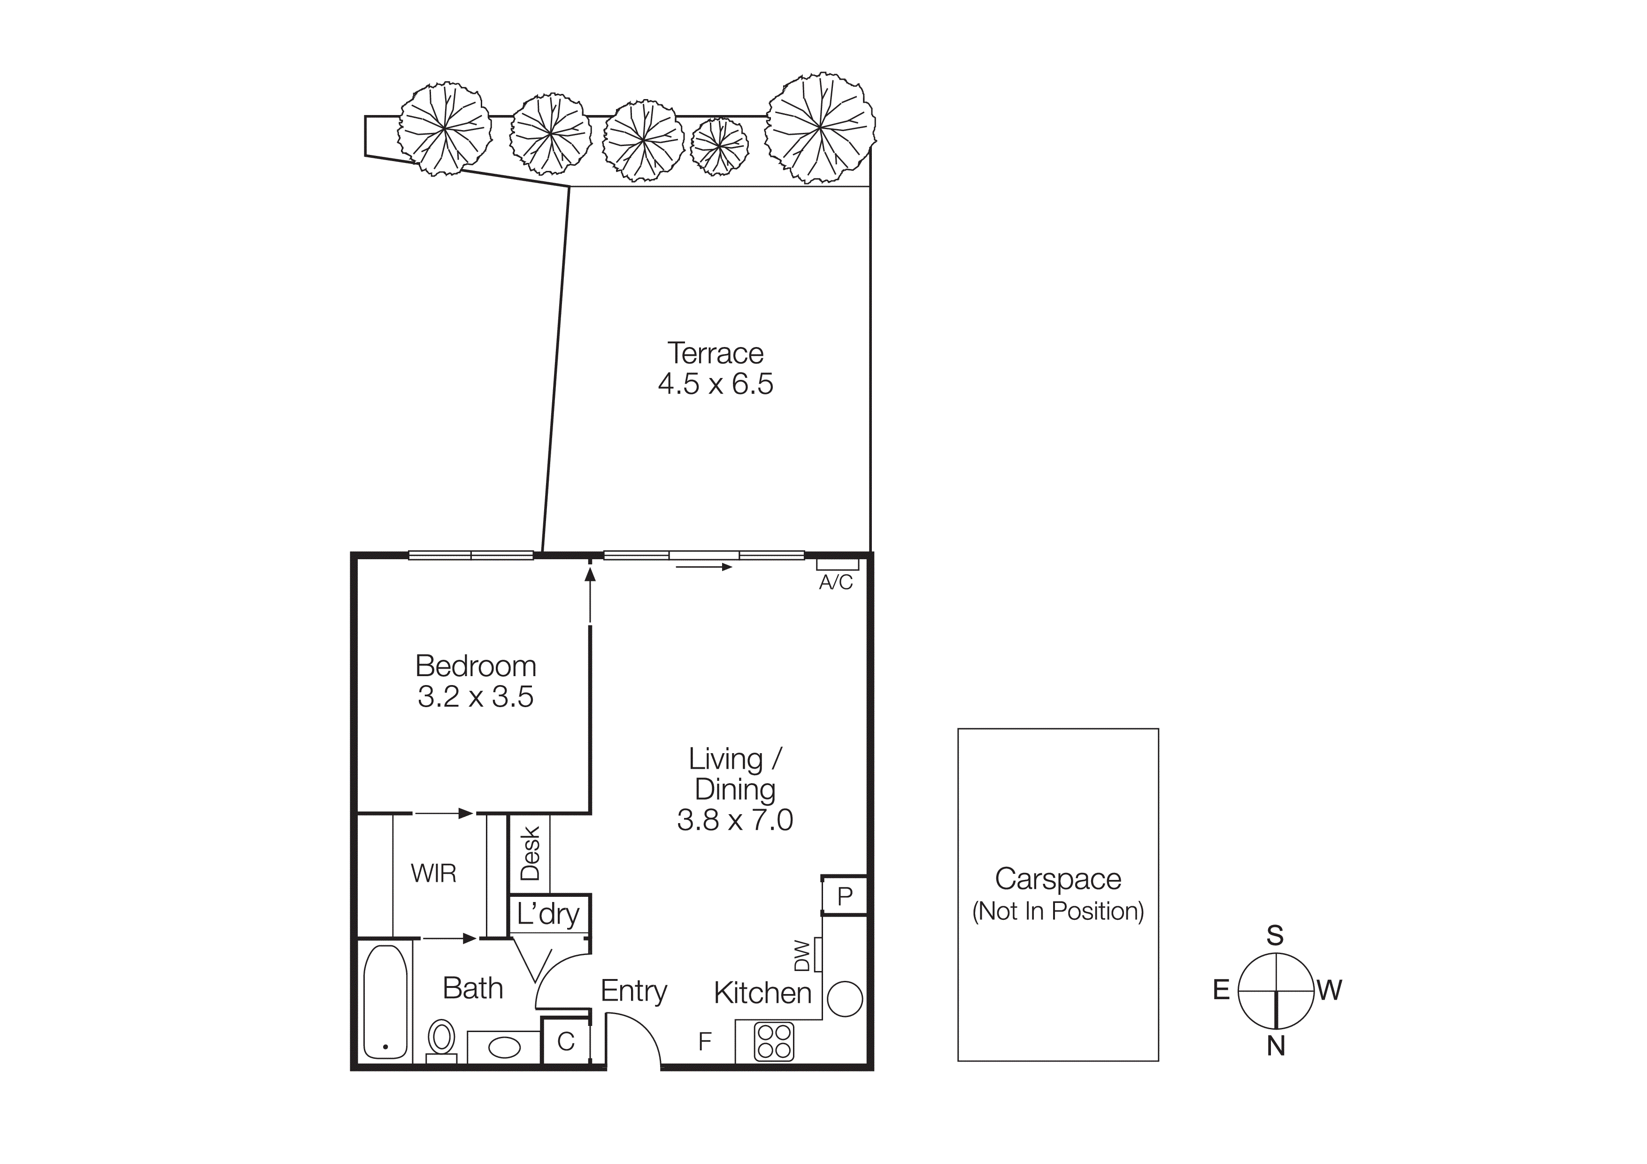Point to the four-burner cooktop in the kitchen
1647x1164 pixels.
click(x=773, y=1042)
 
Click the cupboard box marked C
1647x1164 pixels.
click(x=565, y=1041)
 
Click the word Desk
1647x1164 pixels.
click(x=530, y=854)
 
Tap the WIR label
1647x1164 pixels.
click(x=433, y=873)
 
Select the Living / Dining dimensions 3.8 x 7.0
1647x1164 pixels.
click(x=735, y=820)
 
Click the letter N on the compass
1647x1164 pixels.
click(x=1276, y=1047)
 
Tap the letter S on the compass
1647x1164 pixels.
click(x=1275, y=935)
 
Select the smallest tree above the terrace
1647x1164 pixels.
click(x=719, y=146)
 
